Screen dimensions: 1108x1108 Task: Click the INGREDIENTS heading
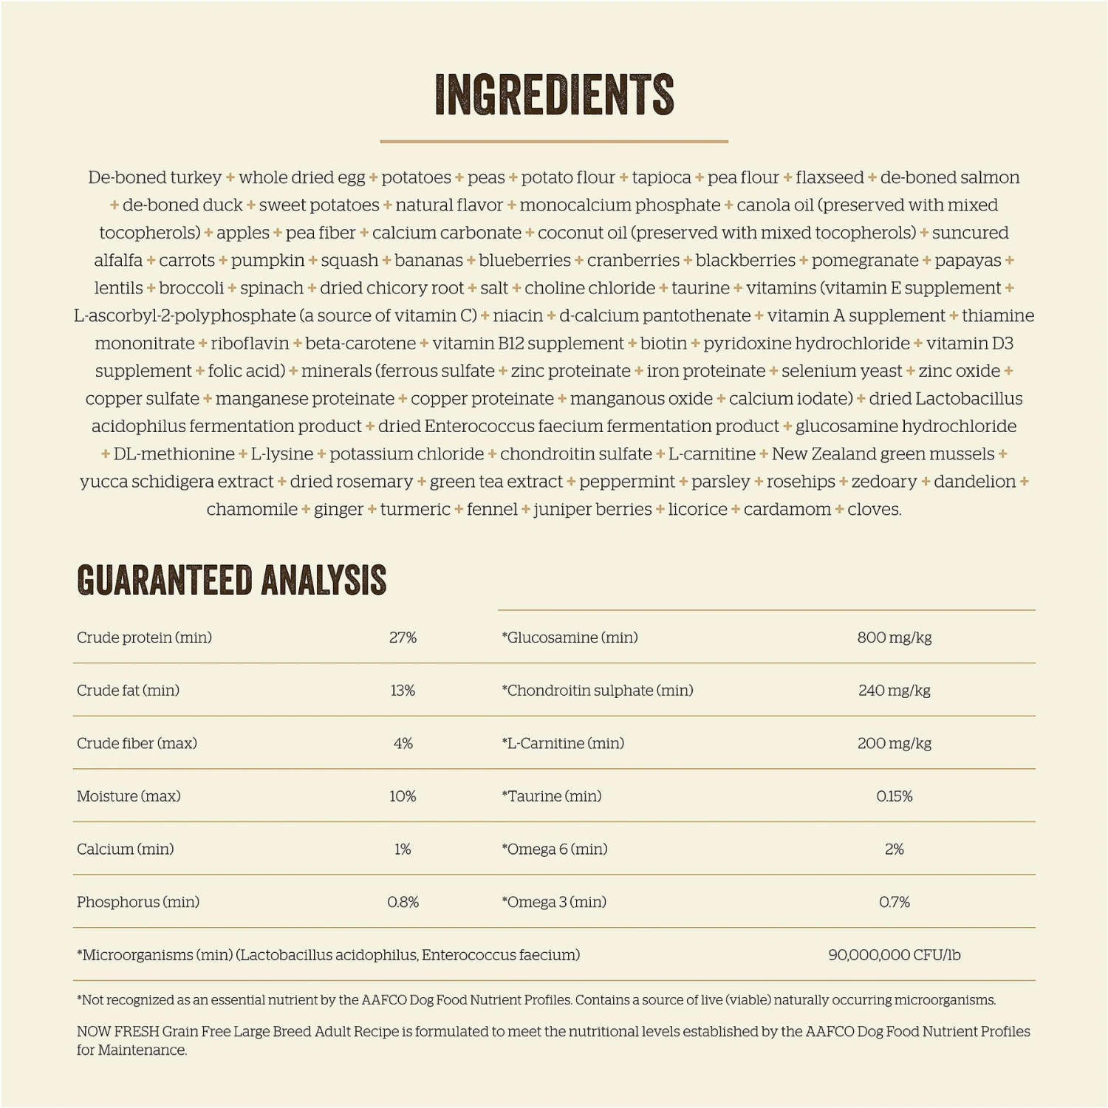click(x=554, y=94)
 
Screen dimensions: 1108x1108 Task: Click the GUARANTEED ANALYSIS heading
click(x=231, y=580)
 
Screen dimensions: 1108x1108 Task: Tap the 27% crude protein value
click(x=403, y=637)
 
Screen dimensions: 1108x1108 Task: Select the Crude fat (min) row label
click(x=128, y=691)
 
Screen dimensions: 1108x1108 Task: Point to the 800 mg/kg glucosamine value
click(x=894, y=637)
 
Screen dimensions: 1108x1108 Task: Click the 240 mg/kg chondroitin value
click(x=894, y=691)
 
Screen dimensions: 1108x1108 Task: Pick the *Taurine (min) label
click(x=552, y=796)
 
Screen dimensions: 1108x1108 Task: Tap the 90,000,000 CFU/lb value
click(x=894, y=955)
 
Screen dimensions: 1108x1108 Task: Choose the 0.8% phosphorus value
click(x=403, y=902)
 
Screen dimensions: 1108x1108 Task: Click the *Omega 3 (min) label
click(x=554, y=902)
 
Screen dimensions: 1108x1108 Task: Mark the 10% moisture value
click(x=403, y=796)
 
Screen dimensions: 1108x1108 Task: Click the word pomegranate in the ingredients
click(x=865, y=261)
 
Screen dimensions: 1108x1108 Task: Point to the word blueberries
click(x=524, y=261)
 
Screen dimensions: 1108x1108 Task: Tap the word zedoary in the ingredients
click(x=883, y=482)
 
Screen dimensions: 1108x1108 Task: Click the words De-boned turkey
click(x=154, y=178)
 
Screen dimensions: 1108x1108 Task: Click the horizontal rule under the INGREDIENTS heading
click(x=554, y=141)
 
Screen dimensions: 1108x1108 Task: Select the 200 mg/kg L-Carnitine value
click(x=894, y=744)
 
